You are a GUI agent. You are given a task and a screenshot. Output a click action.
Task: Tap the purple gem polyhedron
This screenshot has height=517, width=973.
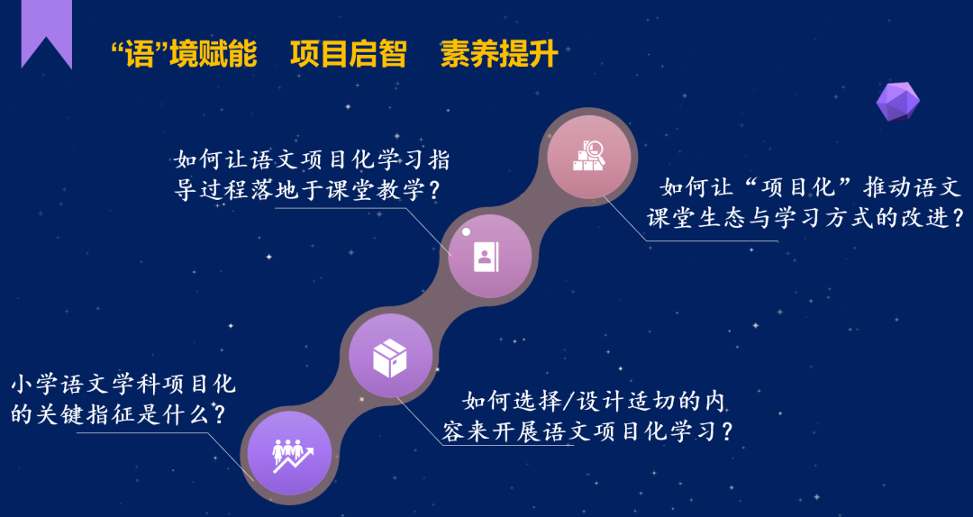[x=897, y=100]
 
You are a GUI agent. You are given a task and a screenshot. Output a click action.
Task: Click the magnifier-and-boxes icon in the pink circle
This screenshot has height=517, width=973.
[x=588, y=156]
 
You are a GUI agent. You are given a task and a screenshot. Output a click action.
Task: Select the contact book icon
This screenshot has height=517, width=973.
[x=486, y=257]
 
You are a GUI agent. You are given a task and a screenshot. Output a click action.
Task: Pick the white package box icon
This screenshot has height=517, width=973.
[x=390, y=358]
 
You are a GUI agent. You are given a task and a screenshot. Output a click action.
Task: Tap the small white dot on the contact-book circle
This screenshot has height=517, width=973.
[x=466, y=232]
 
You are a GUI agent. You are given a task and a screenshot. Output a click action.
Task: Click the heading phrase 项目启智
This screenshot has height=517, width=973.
[x=348, y=55]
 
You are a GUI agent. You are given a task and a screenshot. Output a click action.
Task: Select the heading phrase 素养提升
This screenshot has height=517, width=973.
[x=499, y=55]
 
